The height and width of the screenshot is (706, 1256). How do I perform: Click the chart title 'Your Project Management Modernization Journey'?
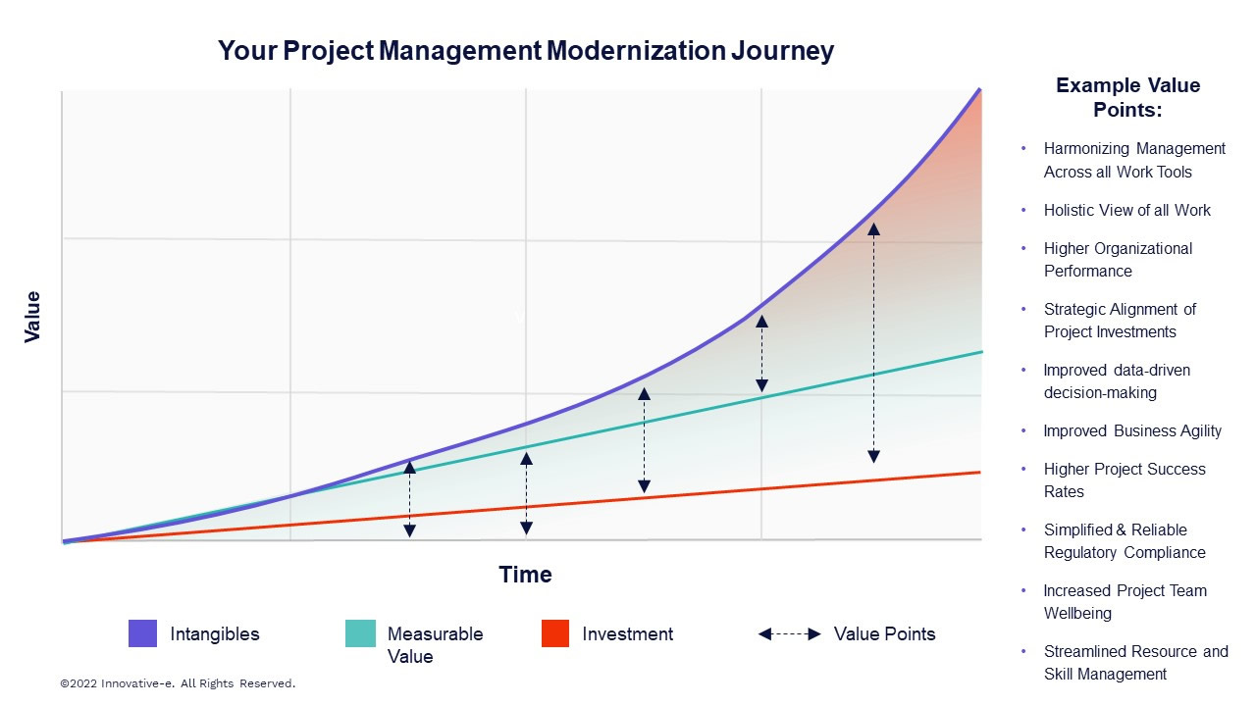tap(525, 51)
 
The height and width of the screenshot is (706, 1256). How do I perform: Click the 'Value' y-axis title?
tap(32, 316)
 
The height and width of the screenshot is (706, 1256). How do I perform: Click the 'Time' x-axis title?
tap(525, 575)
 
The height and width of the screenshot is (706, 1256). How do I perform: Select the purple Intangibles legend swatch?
tap(142, 633)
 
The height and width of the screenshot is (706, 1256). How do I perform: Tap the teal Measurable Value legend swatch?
tap(360, 633)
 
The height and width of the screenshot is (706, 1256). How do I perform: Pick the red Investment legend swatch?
tap(555, 633)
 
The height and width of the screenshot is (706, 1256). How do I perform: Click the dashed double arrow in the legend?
tap(789, 634)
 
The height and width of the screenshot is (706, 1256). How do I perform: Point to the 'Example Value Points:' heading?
tap(1127, 97)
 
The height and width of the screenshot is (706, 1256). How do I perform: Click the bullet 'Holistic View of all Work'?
tap(1126, 210)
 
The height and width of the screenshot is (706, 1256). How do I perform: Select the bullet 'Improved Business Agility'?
tap(1132, 430)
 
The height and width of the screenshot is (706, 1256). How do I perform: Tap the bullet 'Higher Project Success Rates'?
tap(1125, 480)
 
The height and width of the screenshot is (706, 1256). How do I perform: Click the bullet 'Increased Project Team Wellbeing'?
tap(1125, 602)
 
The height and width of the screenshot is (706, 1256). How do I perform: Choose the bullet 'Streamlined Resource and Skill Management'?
tap(1135, 663)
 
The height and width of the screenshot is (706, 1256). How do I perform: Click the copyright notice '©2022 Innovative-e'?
tap(178, 682)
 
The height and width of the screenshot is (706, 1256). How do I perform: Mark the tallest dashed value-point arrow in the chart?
tap(873, 342)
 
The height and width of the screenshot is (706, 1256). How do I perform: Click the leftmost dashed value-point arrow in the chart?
tap(410, 499)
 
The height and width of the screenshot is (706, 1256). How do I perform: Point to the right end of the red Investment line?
tap(979, 473)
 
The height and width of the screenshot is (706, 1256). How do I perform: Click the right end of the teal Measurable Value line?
tap(979, 352)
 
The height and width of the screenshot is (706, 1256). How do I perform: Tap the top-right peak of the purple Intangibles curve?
tap(979, 90)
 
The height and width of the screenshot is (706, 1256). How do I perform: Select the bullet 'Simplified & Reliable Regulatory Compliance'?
tap(1125, 541)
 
